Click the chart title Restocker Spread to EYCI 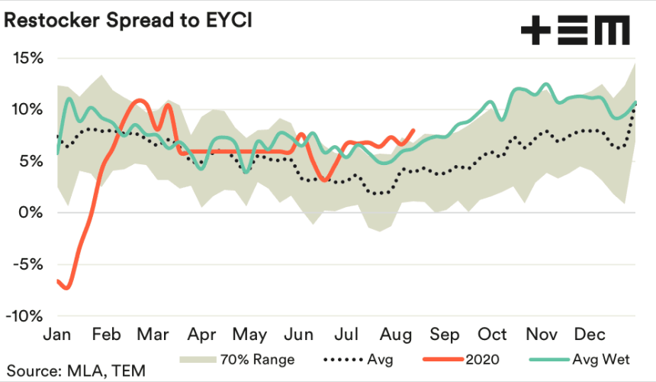click(x=128, y=20)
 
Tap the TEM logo click(x=575, y=30)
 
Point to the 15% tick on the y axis click(x=28, y=58)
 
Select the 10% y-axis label click(x=27, y=110)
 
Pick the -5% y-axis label click(x=27, y=264)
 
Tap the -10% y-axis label click(x=24, y=316)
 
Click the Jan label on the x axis click(x=57, y=335)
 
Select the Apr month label click(x=201, y=335)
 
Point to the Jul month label click(x=346, y=335)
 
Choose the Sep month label click(x=444, y=335)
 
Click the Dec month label click(x=590, y=335)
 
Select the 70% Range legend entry click(x=237, y=359)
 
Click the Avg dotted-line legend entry click(x=359, y=360)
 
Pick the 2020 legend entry click(x=461, y=359)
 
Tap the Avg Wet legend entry click(x=580, y=359)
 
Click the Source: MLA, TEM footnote click(x=76, y=371)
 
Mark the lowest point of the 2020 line click(x=67, y=288)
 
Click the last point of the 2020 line click(x=413, y=131)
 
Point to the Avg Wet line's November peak click(x=545, y=84)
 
